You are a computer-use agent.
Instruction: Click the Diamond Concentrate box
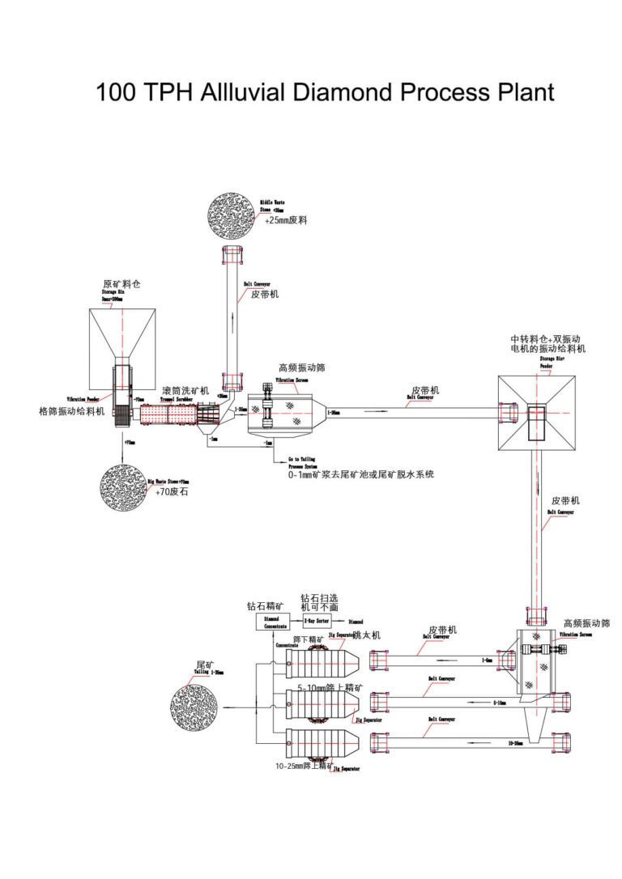tap(271, 621)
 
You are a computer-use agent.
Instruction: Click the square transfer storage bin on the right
tap(537, 413)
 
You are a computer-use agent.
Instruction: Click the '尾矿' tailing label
tap(204, 665)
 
